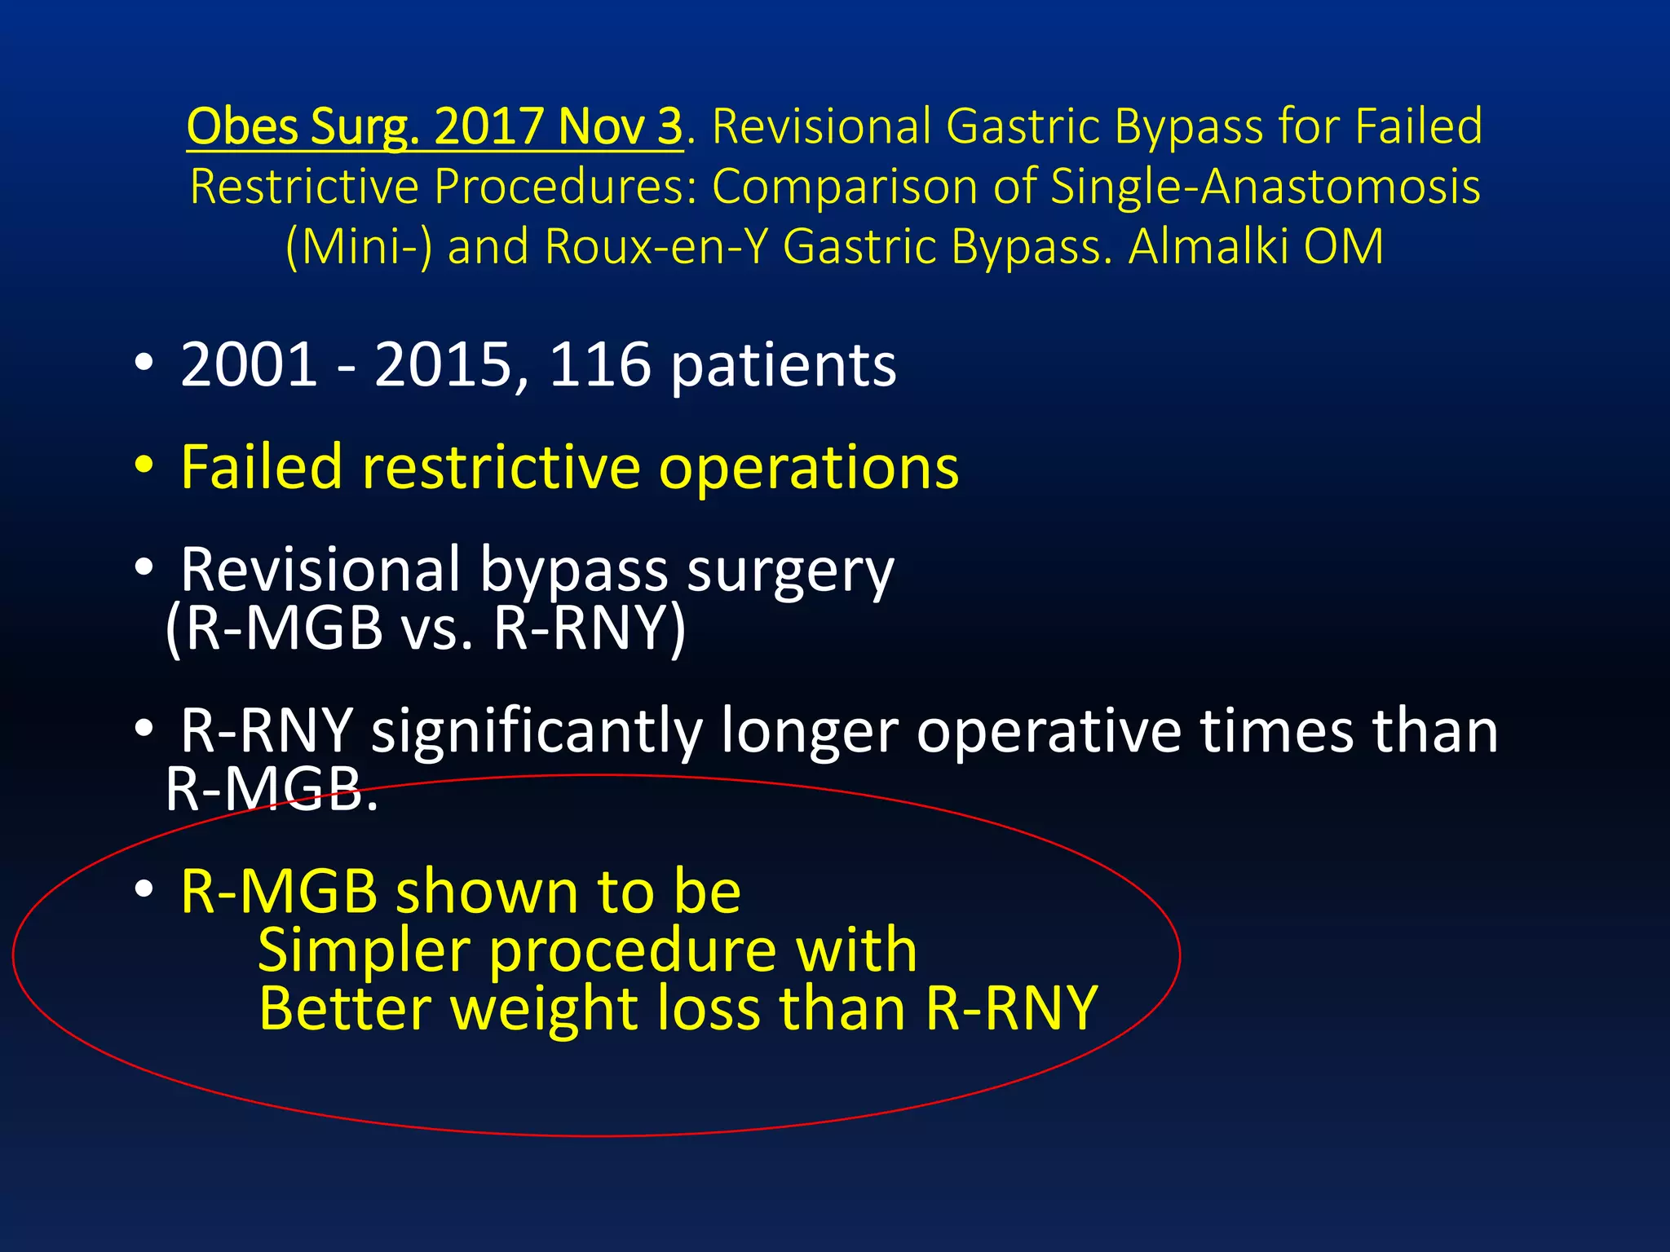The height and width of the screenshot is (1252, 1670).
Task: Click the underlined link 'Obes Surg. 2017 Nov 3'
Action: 434,127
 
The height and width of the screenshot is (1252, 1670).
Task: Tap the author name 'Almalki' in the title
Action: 1207,246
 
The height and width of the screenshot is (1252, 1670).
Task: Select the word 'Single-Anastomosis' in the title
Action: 1265,187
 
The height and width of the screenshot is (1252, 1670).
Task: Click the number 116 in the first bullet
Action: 600,364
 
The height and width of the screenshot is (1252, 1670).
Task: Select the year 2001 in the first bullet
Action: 249,364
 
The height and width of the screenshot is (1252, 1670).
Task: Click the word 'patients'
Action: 783,366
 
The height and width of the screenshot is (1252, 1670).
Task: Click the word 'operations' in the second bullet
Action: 809,469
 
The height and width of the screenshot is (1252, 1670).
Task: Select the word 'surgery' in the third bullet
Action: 790,571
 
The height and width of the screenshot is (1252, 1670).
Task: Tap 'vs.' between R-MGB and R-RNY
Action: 437,629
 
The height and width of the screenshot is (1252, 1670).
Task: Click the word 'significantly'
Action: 537,730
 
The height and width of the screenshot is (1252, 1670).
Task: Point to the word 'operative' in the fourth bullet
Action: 1049,730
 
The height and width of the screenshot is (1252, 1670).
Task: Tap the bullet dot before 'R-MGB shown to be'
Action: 144,889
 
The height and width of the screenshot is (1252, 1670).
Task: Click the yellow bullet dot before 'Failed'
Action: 144,465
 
